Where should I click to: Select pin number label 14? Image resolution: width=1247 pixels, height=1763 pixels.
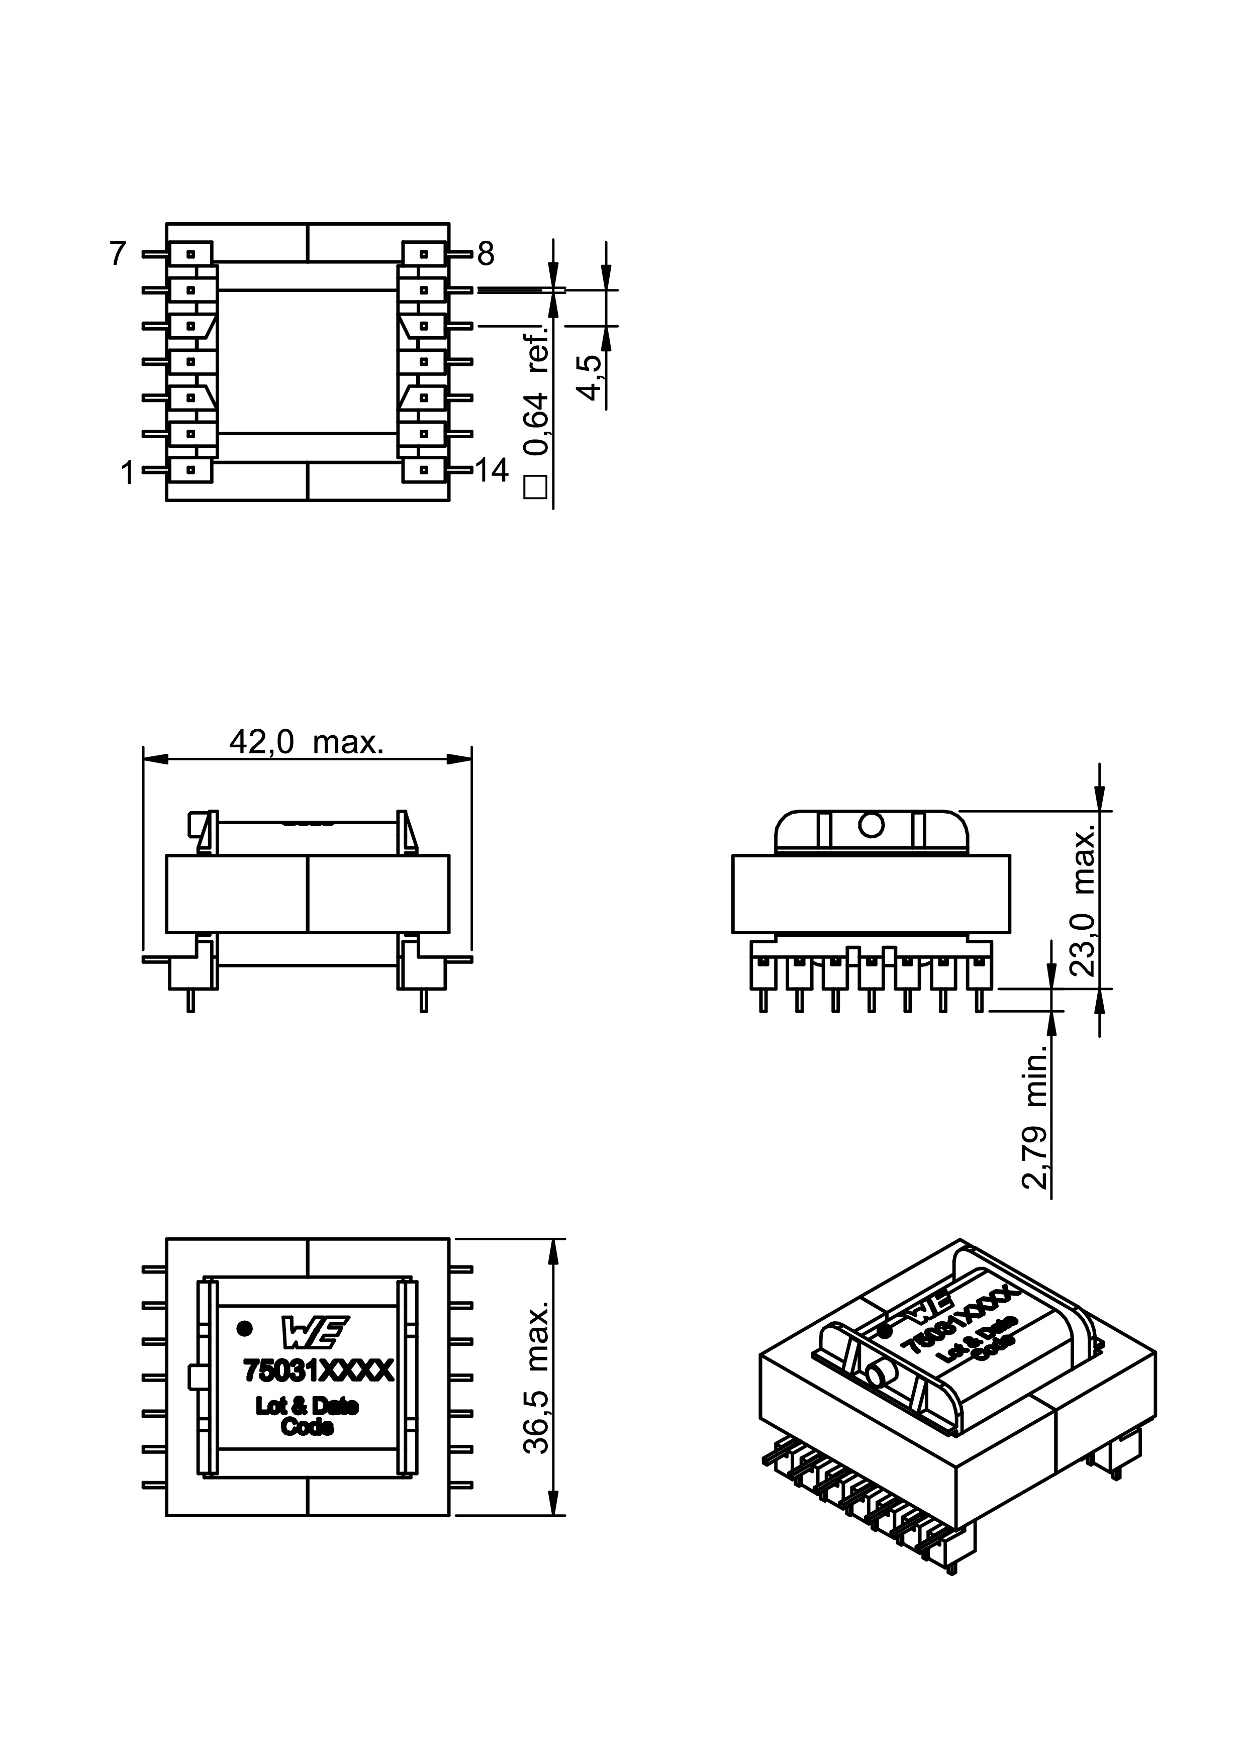point(492,471)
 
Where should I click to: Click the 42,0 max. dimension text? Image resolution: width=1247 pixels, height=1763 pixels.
point(306,742)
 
